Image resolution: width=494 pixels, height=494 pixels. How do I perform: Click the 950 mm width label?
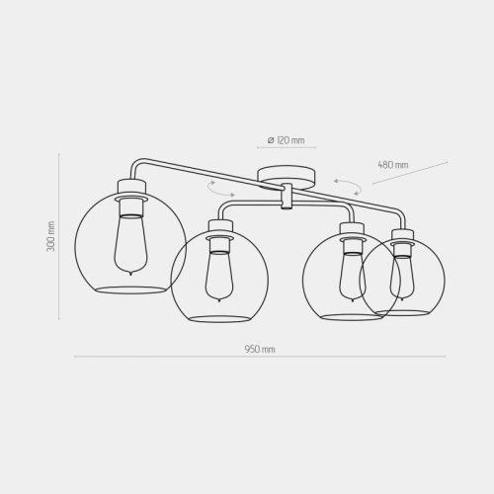260,349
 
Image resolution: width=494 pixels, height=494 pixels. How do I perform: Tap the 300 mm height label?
50,236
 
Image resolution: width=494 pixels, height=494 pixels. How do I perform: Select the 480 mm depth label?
393,165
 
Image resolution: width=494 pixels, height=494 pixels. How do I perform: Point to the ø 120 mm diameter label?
286,140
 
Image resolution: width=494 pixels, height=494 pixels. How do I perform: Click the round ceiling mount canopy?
286,177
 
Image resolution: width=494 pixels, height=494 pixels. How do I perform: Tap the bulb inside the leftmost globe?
130,245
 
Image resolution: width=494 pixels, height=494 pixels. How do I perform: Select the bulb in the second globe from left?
219,276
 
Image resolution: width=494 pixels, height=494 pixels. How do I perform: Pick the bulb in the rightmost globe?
401,278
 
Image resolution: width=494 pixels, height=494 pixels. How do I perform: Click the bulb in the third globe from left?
353,276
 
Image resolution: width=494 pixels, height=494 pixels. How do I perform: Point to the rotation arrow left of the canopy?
220,189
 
